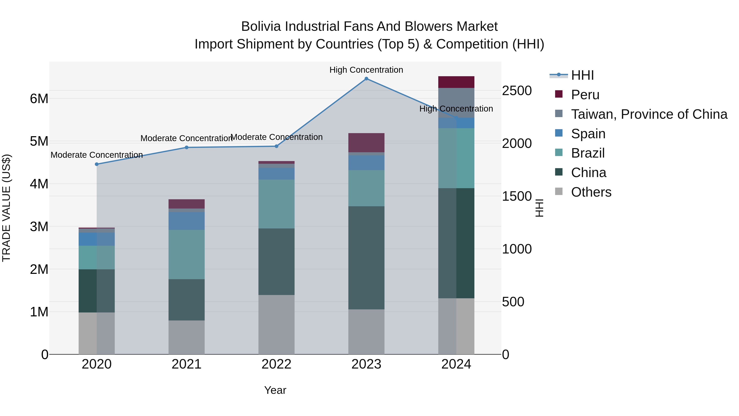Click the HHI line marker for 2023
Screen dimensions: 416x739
pos(366,79)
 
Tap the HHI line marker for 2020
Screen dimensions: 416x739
pos(97,164)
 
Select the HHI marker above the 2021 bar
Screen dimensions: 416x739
pos(186,148)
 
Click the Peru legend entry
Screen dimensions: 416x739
pos(585,95)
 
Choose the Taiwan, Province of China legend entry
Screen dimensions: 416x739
pos(649,114)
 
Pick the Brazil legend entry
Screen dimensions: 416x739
pos(588,153)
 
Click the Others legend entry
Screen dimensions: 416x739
pos(591,192)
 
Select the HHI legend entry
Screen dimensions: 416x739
pos(582,75)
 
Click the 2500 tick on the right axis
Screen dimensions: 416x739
pos(517,91)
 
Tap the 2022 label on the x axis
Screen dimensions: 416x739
pos(276,364)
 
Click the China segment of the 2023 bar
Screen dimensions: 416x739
pos(366,258)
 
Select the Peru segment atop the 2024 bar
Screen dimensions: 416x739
pos(456,82)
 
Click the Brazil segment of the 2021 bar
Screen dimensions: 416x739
pos(186,254)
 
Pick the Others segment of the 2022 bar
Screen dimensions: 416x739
pos(276,324)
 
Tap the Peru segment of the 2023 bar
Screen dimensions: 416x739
pos(366,143)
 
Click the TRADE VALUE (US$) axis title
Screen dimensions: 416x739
pos(6,208)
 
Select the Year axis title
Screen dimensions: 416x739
pos(275,390)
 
